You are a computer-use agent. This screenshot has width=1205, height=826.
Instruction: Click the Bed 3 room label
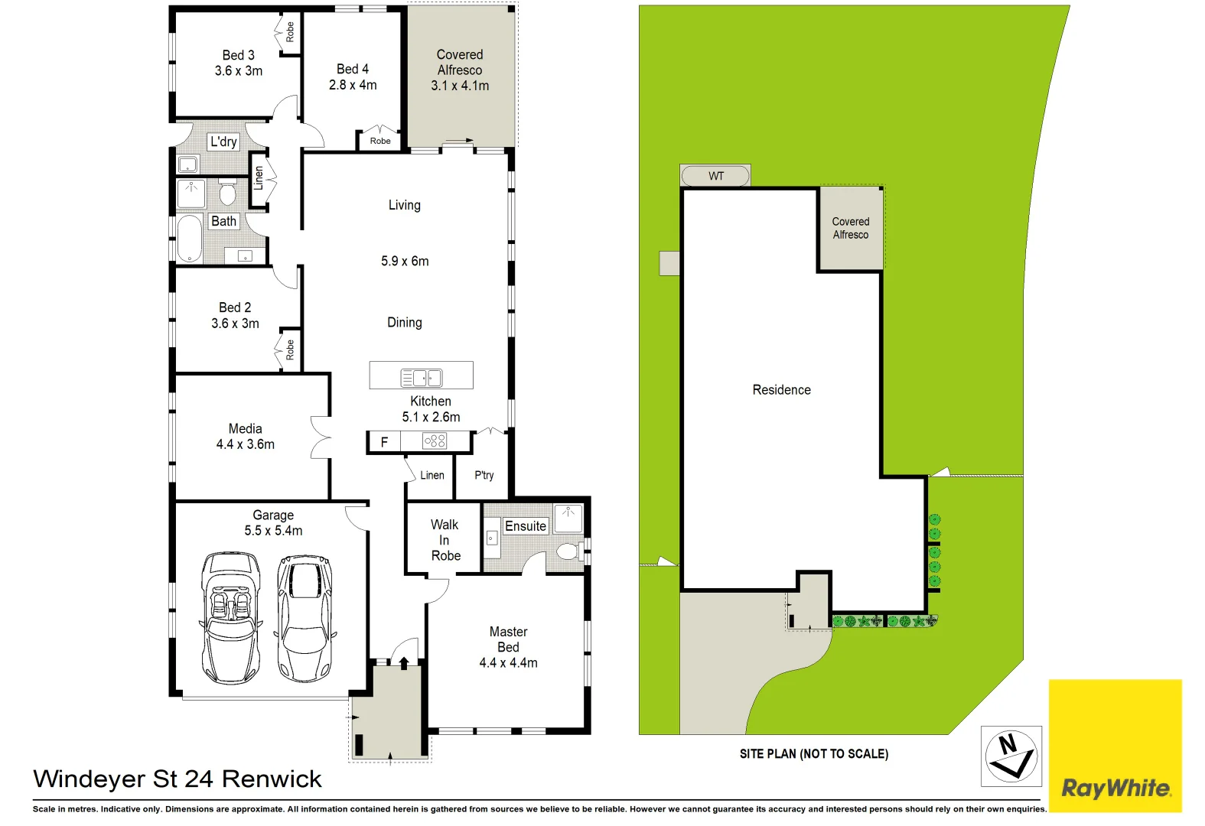(238, 55)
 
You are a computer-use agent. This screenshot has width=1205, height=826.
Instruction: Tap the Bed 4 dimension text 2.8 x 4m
(353, 85)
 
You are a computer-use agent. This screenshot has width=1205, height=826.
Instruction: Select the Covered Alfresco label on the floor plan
(460, 62)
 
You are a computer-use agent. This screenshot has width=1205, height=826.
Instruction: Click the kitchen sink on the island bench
(422, 377)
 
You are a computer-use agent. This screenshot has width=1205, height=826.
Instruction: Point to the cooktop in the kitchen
(435, 441)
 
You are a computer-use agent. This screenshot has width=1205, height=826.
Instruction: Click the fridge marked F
(384, 441)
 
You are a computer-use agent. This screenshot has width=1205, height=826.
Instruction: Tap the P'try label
(484, 475)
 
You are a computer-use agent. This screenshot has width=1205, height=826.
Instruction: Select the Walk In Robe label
(445, 540)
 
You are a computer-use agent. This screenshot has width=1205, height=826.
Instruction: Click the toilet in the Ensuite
(568, 551)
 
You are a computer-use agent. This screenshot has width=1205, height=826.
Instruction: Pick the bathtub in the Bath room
(189, 239)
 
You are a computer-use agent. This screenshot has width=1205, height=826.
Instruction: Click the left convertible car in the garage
(230, 618)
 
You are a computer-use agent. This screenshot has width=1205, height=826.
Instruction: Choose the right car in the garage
(305, 618)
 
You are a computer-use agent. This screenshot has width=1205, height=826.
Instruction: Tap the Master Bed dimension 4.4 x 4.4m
(508, 663)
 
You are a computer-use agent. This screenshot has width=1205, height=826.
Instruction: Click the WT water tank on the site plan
(715, 176)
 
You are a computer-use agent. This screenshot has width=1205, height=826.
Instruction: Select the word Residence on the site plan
(781, 390)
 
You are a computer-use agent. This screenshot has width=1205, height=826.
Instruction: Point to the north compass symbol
(1011, 756)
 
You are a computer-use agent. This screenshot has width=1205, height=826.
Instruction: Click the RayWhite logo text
(1115, 788)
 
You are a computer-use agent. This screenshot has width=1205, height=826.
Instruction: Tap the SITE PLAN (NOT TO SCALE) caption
(813, 754)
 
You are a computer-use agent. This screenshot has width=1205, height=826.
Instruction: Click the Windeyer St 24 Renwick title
(177, 779)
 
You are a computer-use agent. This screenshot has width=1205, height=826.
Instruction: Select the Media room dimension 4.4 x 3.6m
(245, 444)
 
